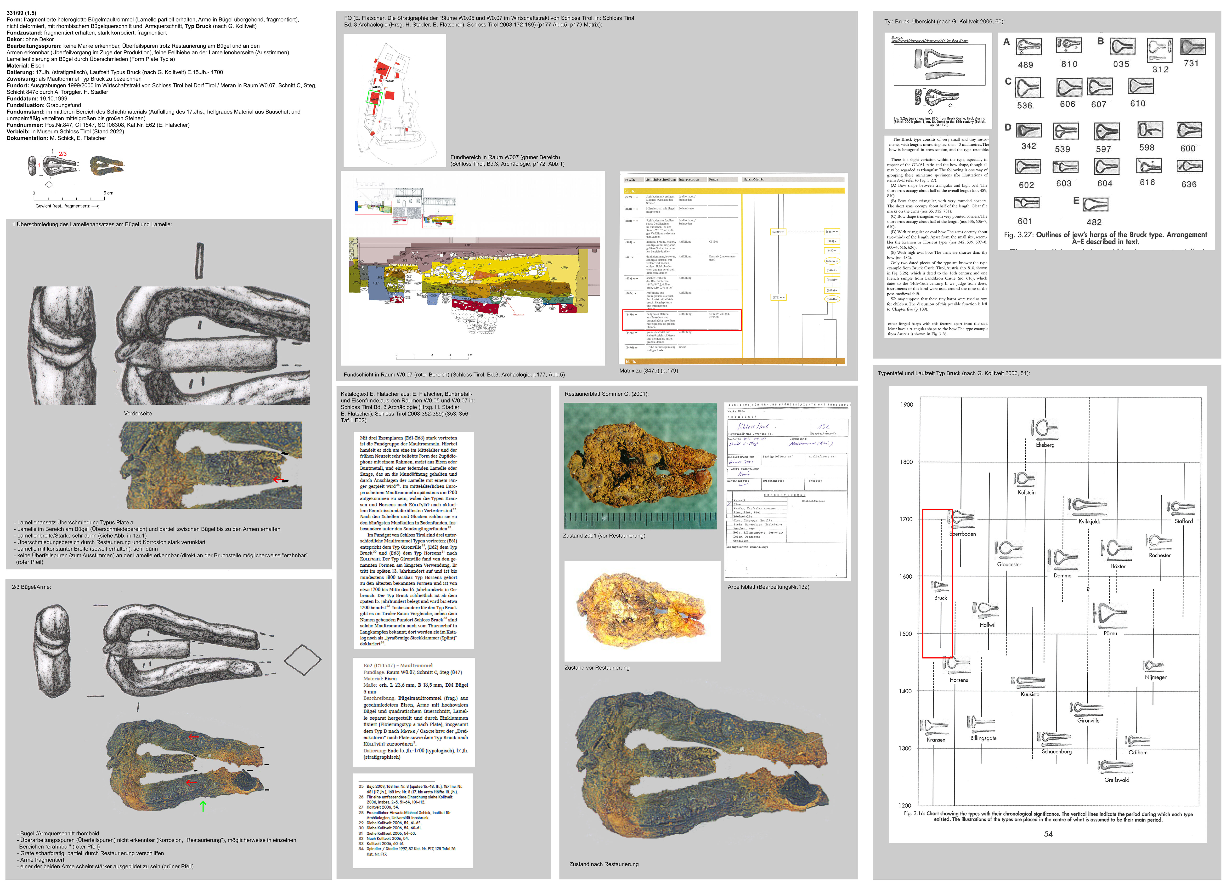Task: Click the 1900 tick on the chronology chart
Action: [907, 404]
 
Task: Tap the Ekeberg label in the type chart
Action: [1045, 445]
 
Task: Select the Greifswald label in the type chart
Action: [1116, 780]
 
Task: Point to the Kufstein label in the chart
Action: [1027, 493]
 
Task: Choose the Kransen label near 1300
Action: [936, 740]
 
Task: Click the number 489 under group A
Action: [1025, 65]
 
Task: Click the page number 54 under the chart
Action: [1048, 834]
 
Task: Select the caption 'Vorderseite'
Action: [138, 414]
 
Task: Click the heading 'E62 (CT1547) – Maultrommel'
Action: [398, 666]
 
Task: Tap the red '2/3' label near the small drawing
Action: [63, 154]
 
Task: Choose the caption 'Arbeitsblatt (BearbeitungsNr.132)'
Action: [768, 587]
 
